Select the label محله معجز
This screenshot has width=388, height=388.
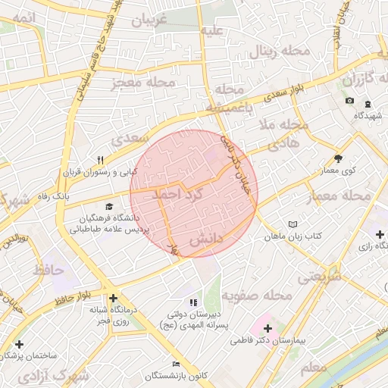click(x=143, y=82)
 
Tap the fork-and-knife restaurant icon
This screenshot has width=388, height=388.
click(x=100, y=160)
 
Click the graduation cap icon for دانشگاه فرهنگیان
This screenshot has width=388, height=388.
click(x=109, y=206)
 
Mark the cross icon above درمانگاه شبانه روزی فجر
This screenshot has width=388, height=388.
click(x=113, y=299)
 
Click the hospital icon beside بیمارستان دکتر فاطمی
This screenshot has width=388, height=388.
click(x=268, y=328)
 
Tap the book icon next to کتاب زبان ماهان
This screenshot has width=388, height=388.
click(x=293, y=224)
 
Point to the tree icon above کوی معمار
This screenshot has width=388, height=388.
click(x=338, y=158)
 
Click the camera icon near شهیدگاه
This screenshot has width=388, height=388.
click(x=349, y=101)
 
